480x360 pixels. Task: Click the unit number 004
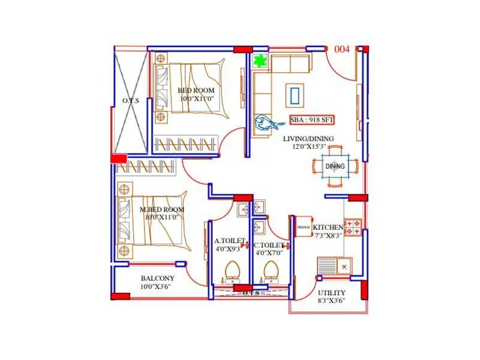pos(342,50)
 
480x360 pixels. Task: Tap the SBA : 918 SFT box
pos(312,119)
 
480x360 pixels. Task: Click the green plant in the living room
pos(260,61)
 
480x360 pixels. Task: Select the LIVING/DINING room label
pos(308,139)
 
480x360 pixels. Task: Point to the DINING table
pos(335,166)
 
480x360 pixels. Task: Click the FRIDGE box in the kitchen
pos(303,227)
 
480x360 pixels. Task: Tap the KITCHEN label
pos(328,227)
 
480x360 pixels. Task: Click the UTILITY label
pos(331,293)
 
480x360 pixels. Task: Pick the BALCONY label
pos(157,278)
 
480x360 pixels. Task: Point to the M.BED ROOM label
pos(161,209)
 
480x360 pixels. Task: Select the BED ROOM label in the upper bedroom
pos(196,91)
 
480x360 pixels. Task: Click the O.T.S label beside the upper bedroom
pos(130,101)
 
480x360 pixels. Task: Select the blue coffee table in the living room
pos(295,94)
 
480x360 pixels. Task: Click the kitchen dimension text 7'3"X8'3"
pos(329,236)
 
